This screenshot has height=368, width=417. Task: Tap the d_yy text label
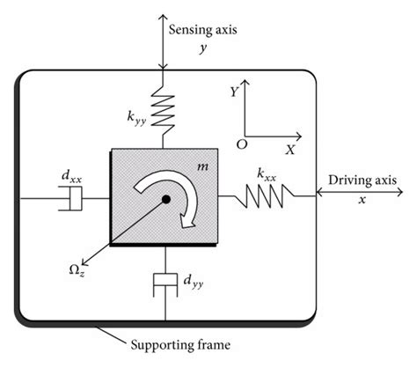click(x=194, y=282)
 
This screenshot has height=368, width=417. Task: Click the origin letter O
click(x=240, y=142)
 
